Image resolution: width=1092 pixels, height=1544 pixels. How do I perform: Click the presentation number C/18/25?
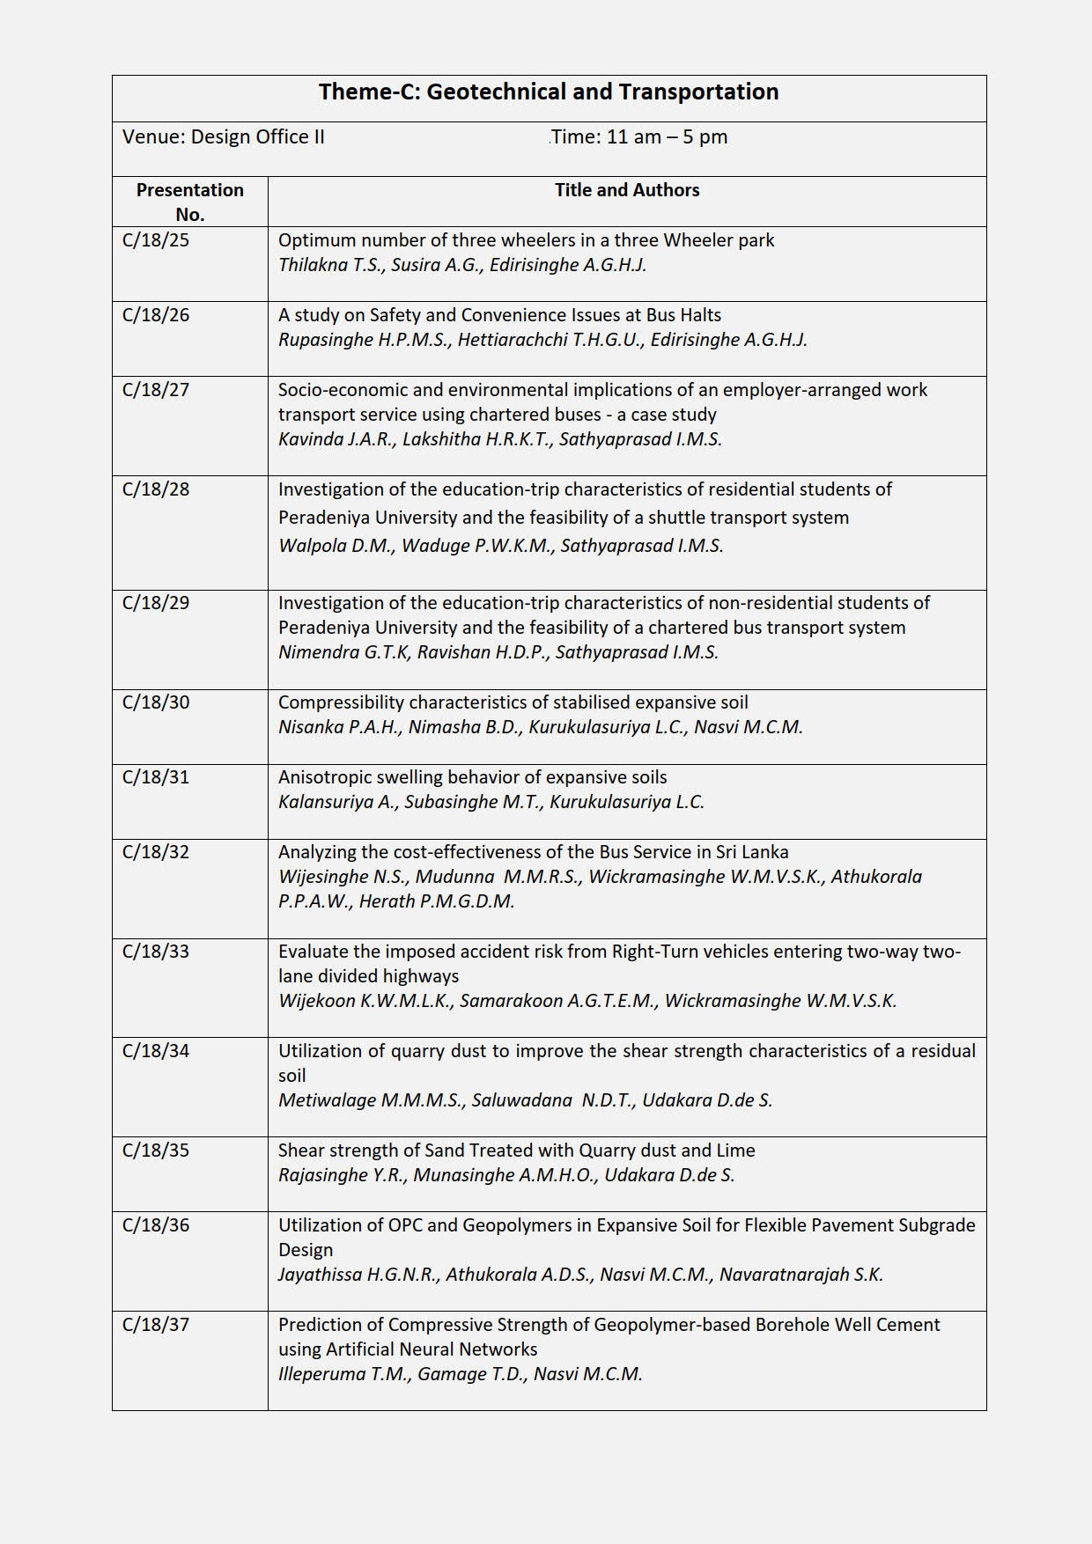pyautogui.click(x=156, y=240)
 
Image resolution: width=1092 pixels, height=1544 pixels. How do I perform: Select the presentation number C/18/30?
pyautogui.click(x=156, y=702)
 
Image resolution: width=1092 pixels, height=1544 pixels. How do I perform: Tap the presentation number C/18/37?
pyautogui.click(x=156, y=1325)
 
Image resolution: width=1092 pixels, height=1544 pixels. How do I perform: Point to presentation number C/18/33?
pyautogui.click(x=156, y=952)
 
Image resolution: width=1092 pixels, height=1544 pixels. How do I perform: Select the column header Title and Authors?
pyautogui.click(x=627, y=190)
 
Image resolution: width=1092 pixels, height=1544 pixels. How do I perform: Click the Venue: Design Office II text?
pyautogui.click(x=224, y=137)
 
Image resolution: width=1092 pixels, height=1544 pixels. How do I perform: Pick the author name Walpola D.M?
pyautogui.click(x=336, y=546)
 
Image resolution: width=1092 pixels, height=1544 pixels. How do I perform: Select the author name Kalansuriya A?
pyautogui.click(x=336, y=802)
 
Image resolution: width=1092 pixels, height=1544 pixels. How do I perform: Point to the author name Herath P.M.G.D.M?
pyautogui.click(x=437, y=901)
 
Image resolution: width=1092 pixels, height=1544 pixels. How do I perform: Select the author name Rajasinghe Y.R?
pyautogui.click(x=342, y=1175)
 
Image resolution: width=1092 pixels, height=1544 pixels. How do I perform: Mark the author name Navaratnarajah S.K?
pyautogui.click(x=801, y=1275)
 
